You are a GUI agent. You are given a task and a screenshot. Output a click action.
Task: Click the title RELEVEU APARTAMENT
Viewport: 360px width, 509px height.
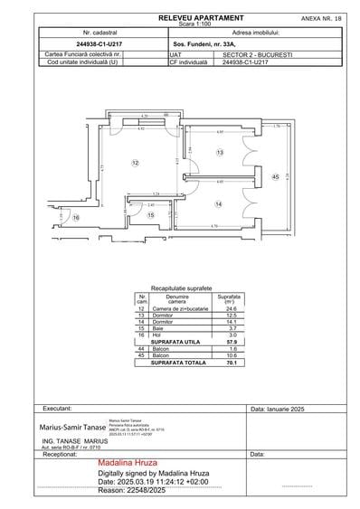(200, 17)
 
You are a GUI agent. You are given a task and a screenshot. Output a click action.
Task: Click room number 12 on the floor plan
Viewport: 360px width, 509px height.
(134, 163)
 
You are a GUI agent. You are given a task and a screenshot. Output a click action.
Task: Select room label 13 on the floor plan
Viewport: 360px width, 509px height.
(219, 154)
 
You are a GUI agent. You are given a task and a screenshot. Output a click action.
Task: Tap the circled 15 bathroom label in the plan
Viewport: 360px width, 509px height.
(152, 214)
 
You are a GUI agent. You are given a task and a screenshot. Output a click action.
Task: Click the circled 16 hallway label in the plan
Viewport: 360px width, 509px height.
(76, 218)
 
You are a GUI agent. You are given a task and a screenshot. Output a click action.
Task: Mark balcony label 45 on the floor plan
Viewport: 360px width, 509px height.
(275, 176)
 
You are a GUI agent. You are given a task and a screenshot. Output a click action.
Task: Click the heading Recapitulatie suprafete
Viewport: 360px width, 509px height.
(181, 286)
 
